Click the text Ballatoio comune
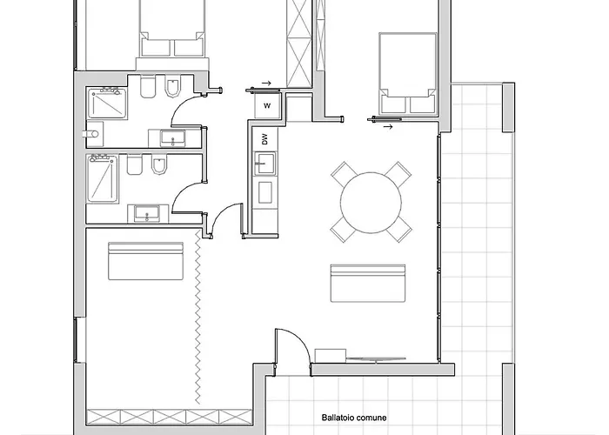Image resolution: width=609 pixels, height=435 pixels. (354, 418)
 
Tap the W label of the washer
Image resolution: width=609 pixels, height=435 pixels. (267, 105)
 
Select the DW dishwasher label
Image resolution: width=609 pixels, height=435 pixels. (264, 139)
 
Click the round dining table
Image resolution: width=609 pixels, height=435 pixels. (371, 203)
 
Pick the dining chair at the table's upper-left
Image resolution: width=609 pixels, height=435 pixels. (345, 175)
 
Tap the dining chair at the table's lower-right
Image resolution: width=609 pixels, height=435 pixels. (398, 229)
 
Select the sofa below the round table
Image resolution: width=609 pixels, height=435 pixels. (368, 283)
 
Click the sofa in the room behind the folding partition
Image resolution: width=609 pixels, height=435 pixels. (145, 261)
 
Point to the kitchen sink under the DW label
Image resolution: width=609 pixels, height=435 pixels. (265, 164)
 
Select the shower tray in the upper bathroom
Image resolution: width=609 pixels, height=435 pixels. (107, 104)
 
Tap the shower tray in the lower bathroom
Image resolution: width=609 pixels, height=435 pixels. (103, 178)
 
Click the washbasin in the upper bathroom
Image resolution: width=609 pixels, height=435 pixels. (173, 138)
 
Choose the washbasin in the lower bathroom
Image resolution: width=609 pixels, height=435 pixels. (146, 214)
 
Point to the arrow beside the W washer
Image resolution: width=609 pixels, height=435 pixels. (266, 83)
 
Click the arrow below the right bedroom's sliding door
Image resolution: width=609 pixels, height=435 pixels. (388, 126)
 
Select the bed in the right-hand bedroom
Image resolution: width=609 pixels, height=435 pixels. (408, 73)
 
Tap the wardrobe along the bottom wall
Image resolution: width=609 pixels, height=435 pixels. (170, 417)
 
